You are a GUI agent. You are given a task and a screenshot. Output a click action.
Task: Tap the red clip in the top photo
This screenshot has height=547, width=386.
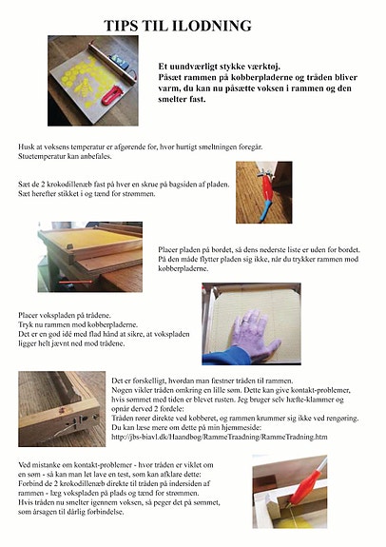(x=113, y=94)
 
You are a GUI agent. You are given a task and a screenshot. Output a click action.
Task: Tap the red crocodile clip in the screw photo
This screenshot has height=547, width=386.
(x=268, y=201)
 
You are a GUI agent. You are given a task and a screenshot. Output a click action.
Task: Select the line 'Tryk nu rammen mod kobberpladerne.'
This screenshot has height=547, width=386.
(x=77, y=324)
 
